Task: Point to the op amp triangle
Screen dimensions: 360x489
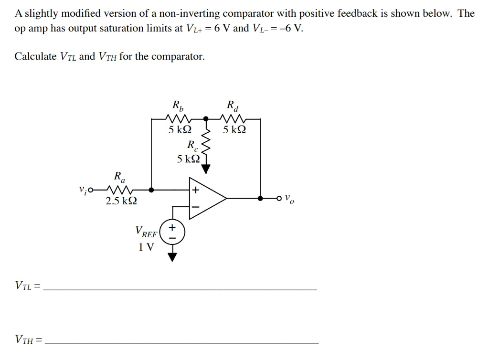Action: coord(207,198)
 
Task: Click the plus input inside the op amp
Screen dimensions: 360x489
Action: coord(195,190)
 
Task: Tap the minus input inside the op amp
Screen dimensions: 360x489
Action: coord(195,207)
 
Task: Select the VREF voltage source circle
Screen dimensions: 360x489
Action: coord(172,232)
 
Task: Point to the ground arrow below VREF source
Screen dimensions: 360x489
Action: coord(172,256)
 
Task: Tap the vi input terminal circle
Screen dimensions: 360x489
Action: coord(89,190)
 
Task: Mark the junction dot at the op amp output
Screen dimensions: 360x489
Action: coord(260,198)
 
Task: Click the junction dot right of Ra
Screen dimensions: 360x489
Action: coord(151,190)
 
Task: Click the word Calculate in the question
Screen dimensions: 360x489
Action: coord(36,56)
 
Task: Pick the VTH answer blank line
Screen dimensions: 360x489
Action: coord(184,343)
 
